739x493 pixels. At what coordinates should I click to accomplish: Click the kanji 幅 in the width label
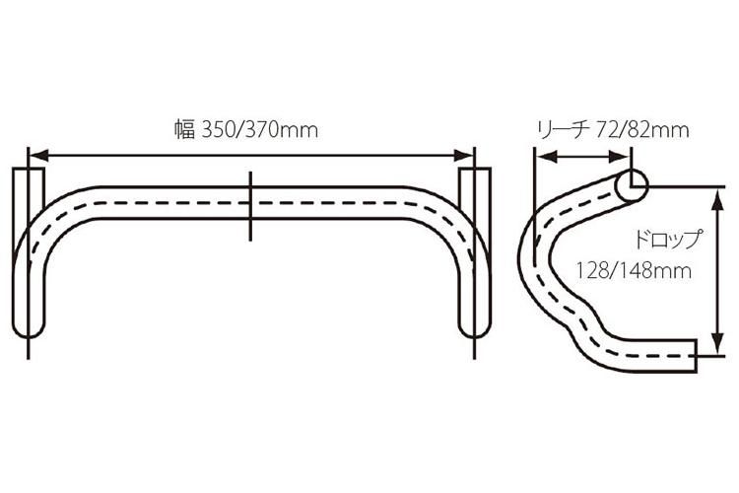(185, 130)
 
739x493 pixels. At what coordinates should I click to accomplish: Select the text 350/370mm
(259, 130)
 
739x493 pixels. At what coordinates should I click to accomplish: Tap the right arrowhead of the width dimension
(469, 155)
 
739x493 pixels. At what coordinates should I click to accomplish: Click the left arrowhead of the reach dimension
(540, 155)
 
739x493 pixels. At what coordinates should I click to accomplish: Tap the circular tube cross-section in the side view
(631, 182)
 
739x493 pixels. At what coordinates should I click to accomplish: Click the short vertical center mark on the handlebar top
(251, 205)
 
